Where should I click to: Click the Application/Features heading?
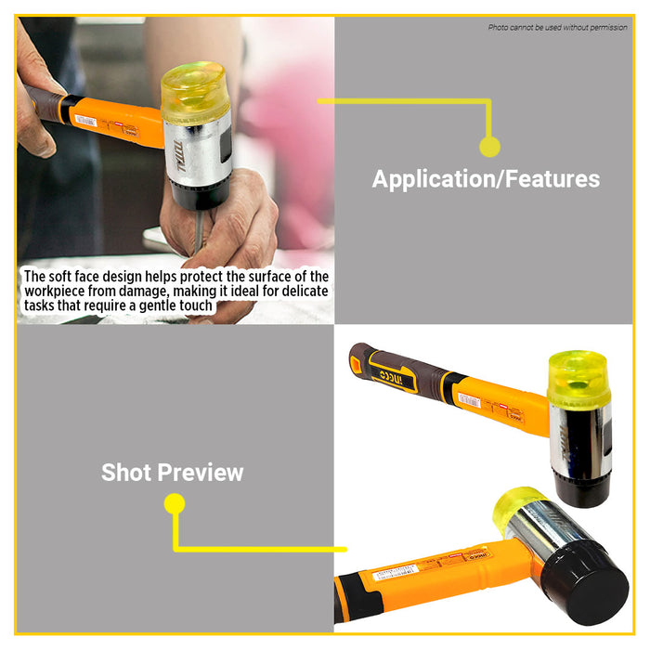[486, 178]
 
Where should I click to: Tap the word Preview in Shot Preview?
[200, 473]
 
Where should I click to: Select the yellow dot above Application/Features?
[489, 146]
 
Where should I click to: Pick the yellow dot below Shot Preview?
[175, 504]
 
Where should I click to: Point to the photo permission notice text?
[557, 27]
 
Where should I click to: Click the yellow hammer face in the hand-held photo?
[195, 86]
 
